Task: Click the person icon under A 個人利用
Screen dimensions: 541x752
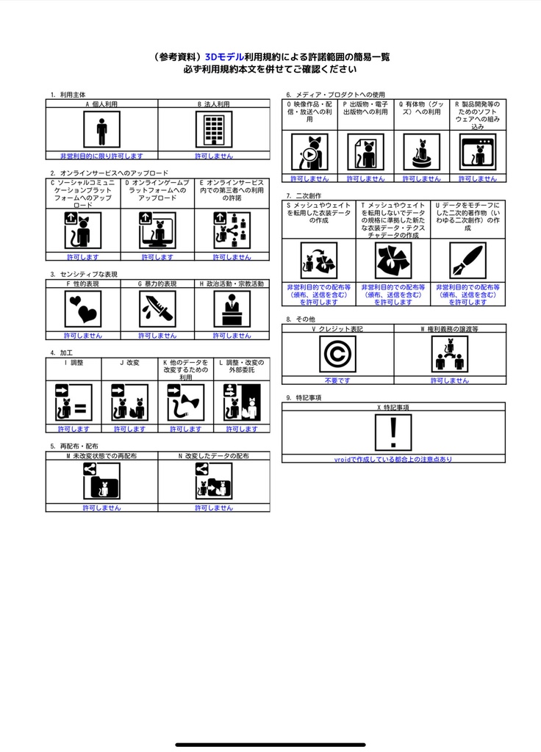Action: point(101,131)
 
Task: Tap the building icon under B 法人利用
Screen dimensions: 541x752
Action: point(214,131)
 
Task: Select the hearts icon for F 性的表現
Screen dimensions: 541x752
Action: point(82,309)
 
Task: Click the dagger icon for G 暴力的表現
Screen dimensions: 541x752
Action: point(157,309)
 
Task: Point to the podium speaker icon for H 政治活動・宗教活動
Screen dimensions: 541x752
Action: point(232,309)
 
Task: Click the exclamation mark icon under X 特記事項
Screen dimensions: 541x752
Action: point(393,432)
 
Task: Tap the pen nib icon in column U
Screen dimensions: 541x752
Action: point(467,261)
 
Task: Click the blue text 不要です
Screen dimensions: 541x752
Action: point(337,380)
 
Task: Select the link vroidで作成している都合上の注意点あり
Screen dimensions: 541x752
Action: point(393,459)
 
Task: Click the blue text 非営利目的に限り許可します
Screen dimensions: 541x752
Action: point(101,156)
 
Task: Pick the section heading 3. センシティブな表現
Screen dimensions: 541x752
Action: point(84,274)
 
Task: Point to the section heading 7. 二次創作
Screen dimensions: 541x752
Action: point(304,195)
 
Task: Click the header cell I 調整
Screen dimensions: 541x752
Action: point(74,362)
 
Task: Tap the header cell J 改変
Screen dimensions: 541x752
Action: point(129,362)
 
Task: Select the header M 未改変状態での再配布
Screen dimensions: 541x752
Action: point(101,456)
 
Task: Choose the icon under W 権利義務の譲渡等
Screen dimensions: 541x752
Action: point(449,355)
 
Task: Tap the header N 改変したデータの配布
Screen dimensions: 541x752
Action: point(214,456)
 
